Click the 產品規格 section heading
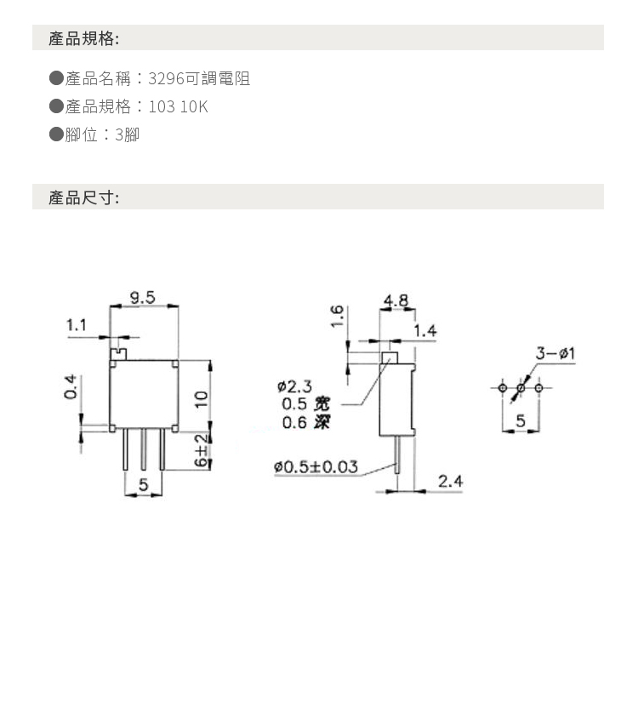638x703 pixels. coord(83,38)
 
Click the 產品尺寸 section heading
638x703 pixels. coord(83,197)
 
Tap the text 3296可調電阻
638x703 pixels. coord(199,78)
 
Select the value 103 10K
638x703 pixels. coord(178,106)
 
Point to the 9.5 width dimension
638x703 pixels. coord(142,297)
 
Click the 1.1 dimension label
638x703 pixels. coord(77,324)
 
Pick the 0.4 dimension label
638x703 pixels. coord(71,387)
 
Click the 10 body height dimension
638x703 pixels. coord(202,398)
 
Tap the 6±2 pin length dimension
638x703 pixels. coord(202,449)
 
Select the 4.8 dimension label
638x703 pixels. coord(396,300)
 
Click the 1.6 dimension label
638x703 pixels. coord(337,316)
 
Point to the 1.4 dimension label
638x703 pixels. coord(424,331)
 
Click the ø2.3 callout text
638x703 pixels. coord(294,386)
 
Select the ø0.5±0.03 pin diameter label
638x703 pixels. coord(316,466)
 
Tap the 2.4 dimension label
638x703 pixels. coord(450,481)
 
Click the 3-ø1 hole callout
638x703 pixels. coord(555,353)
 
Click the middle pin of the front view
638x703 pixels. coord(144,449)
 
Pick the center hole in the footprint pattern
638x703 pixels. coord(521,388)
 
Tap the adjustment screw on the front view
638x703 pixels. coord(119,354)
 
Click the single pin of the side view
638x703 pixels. coord(396,455)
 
